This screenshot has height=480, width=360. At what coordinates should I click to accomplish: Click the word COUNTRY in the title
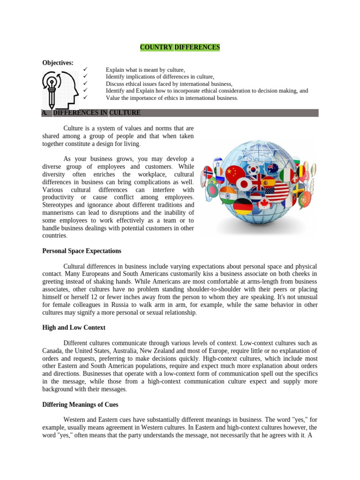(157, 47)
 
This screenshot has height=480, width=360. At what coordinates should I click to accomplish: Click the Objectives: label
(58, 62)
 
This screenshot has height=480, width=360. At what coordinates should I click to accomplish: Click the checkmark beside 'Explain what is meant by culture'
(85, 69)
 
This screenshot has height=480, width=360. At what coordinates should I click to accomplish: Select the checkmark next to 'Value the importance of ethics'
(85, 97)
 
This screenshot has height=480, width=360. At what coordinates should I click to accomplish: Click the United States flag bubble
(277, 191)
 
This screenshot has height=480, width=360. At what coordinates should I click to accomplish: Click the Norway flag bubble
(208, 172)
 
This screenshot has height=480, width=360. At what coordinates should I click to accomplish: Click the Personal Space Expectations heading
(82, 251)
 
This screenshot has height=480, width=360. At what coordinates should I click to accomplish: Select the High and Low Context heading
(74, 328)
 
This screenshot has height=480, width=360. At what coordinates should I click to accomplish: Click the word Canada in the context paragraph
(52, 351)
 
